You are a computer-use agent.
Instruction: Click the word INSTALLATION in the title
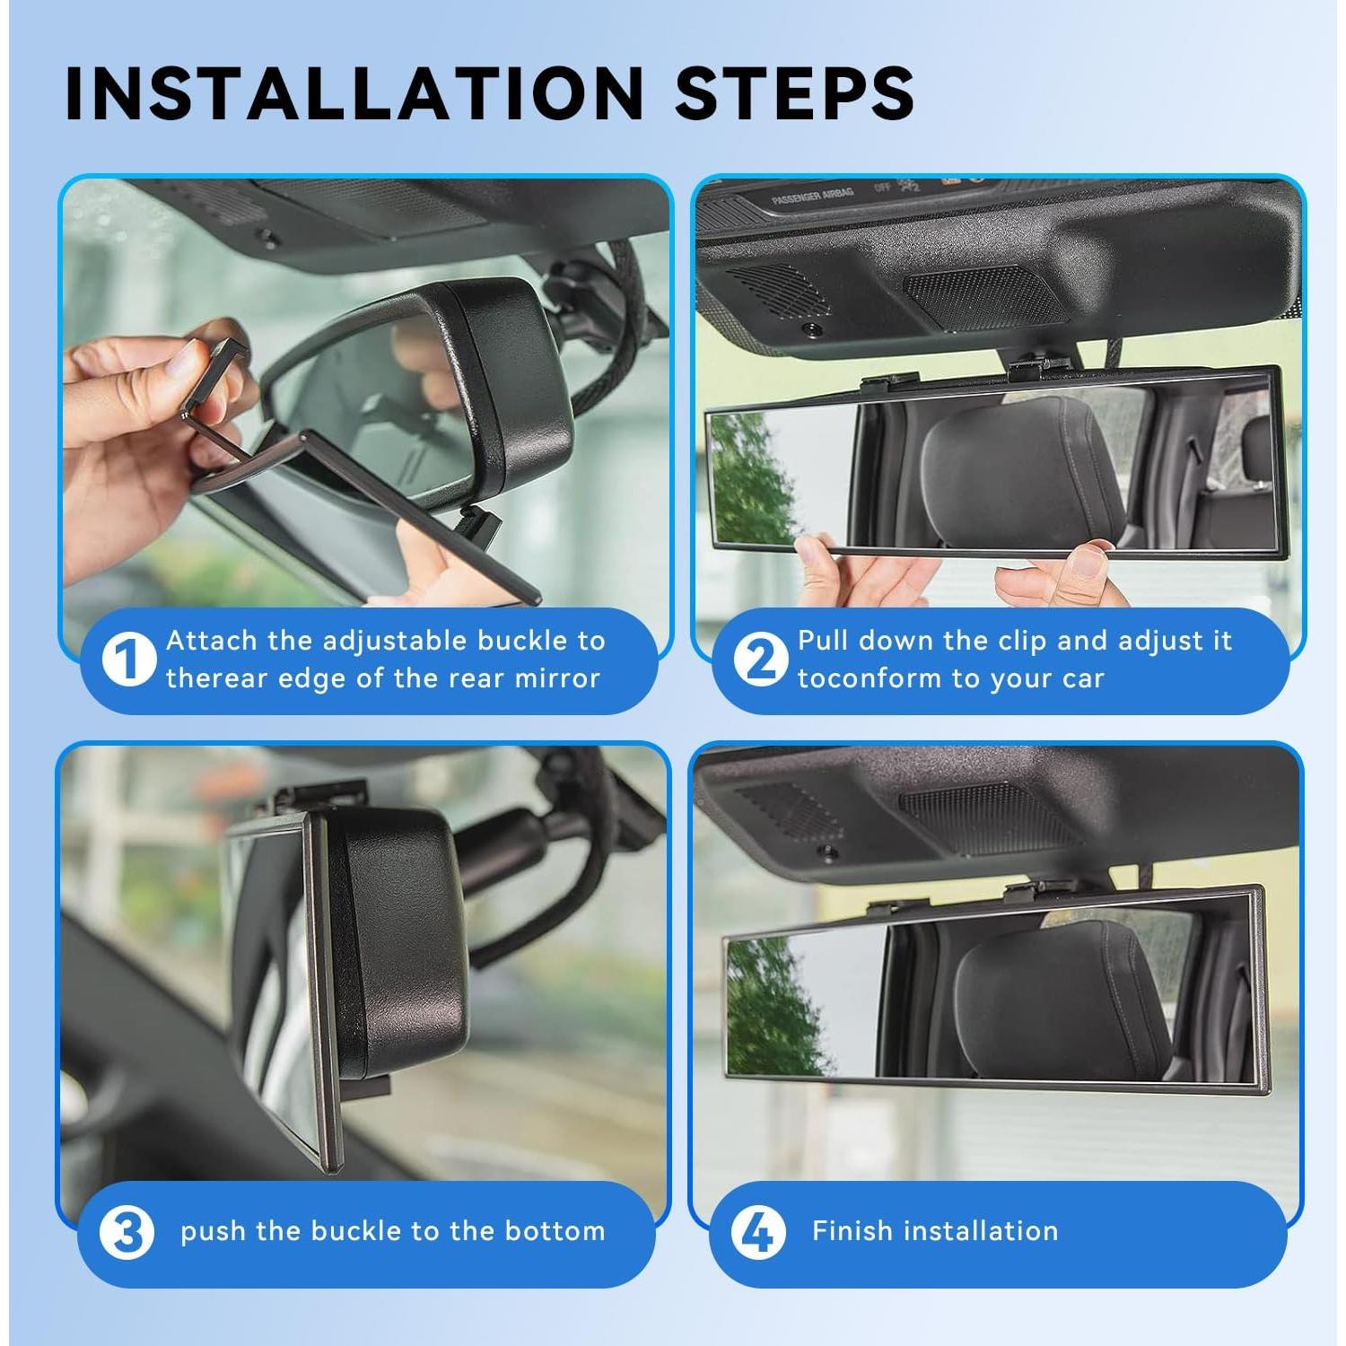pyautogui.click(x=354, y=93)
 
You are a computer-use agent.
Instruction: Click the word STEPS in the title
pyautogui.click(x=794, y=93)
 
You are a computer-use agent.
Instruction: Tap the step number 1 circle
pyautogui.click(x=128, y=660)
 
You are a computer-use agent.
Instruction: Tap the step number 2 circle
pyautogui.click(x=760, y=660)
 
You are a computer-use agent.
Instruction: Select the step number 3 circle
pyautogui.click(x=127, y=1232)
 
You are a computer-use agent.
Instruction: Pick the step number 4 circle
pyautogui.click(x=758, y=1232)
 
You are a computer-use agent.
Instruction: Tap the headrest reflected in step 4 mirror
pyautogui.click(x=1059, y=996)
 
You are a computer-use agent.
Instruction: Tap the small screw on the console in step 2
pyautogui.click(x=812, y=329)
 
